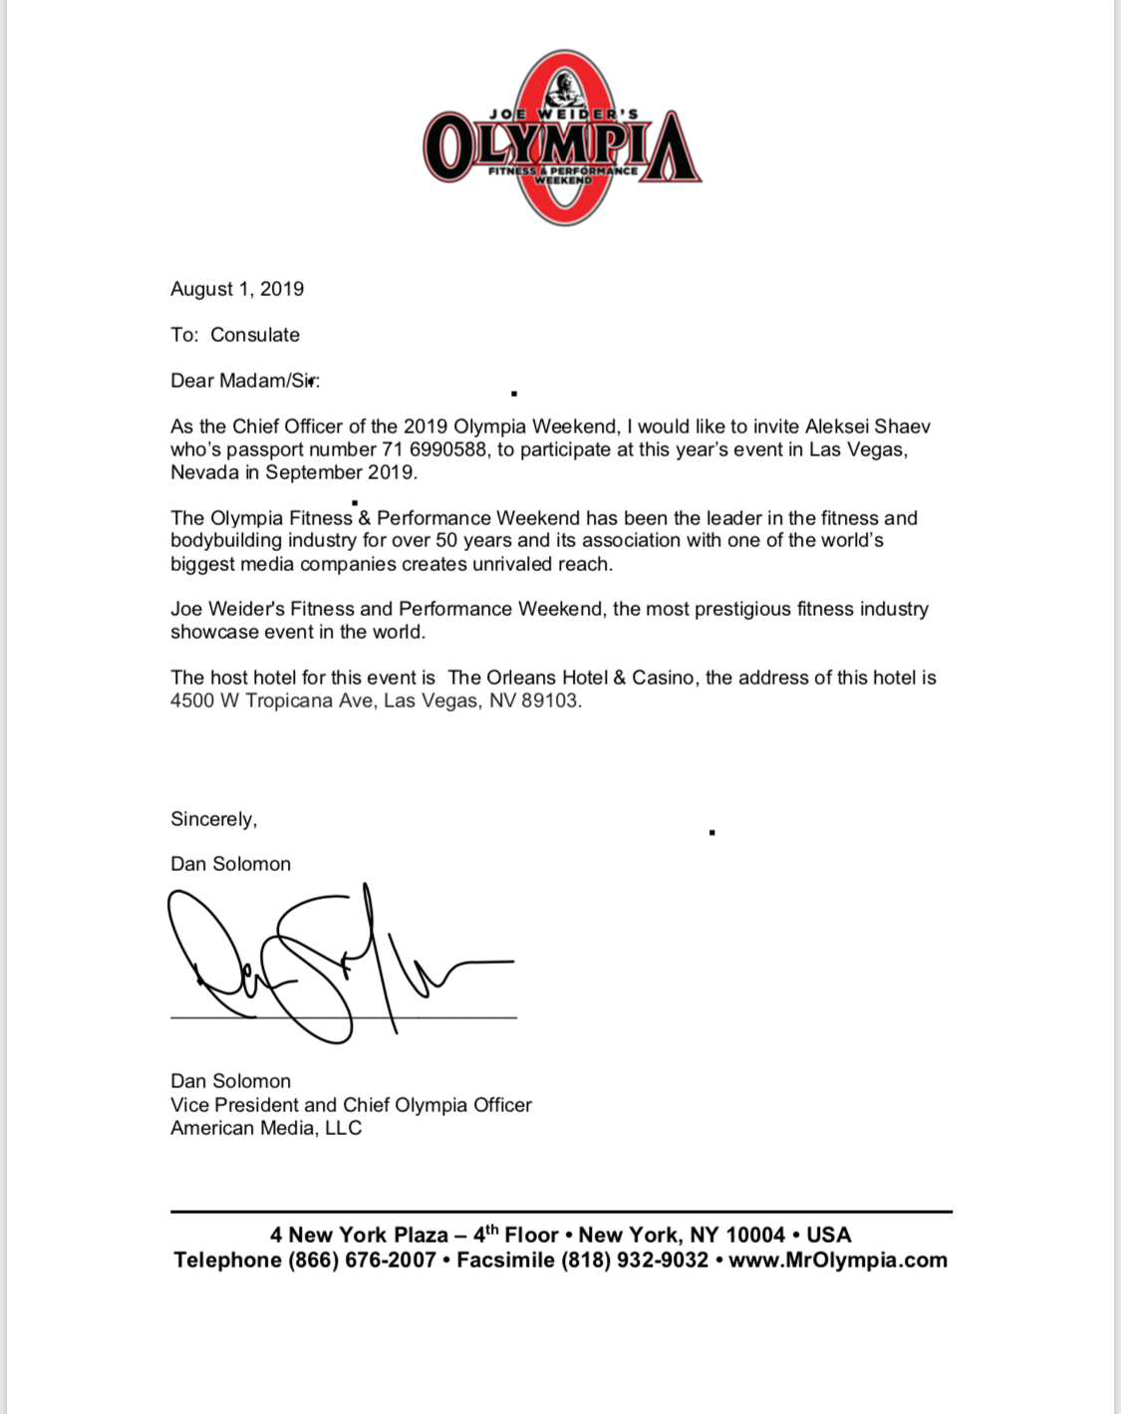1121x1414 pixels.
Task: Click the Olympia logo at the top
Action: tap(563, 140)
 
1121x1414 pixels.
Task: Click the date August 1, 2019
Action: tap(237, 289)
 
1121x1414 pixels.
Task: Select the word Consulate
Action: tap(255, 335)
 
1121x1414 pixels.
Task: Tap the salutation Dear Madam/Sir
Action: tap(245, 381)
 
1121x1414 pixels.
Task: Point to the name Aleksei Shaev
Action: tap(868, 426)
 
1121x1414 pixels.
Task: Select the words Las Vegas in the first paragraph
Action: tap(858, 449)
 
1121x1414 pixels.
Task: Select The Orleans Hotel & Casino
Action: tap(571, 678)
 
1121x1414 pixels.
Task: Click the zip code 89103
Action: tap(549, 701)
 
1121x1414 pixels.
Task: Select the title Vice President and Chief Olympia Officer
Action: tap(351, 1105)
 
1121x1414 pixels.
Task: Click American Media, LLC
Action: tap(266, 1128)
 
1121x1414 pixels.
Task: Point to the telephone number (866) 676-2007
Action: tap(362, 1261)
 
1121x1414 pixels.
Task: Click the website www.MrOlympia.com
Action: tap(838, 1261)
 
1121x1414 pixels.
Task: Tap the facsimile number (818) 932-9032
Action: tap(634, 1261)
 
